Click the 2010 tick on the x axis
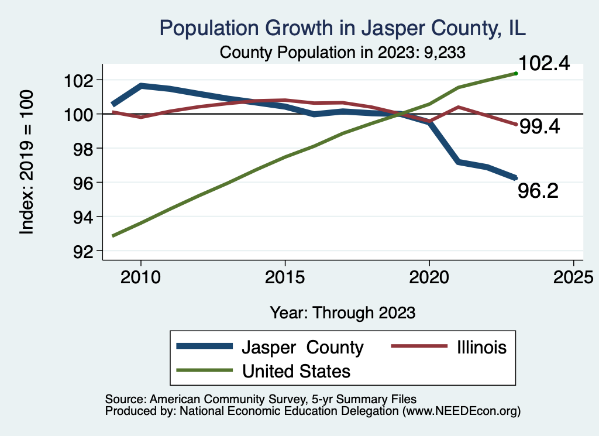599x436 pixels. tap(140, 277)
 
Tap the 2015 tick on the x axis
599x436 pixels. tap(285, 277)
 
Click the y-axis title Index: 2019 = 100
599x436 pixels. tap(27, 162)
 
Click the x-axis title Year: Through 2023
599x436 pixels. tap(343, 313)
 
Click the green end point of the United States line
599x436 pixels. tap(516, 73)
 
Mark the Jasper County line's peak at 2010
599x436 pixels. tap(141, 85)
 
